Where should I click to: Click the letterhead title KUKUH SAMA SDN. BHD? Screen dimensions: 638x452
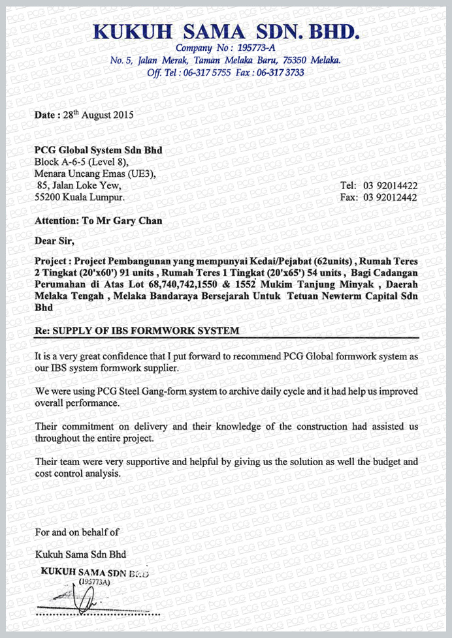click(226, 31)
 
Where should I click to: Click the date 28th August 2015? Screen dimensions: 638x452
click(97, 115)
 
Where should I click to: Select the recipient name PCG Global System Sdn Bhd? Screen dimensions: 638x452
click(98, 151)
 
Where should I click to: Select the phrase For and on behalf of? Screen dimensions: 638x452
click(77, 532)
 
